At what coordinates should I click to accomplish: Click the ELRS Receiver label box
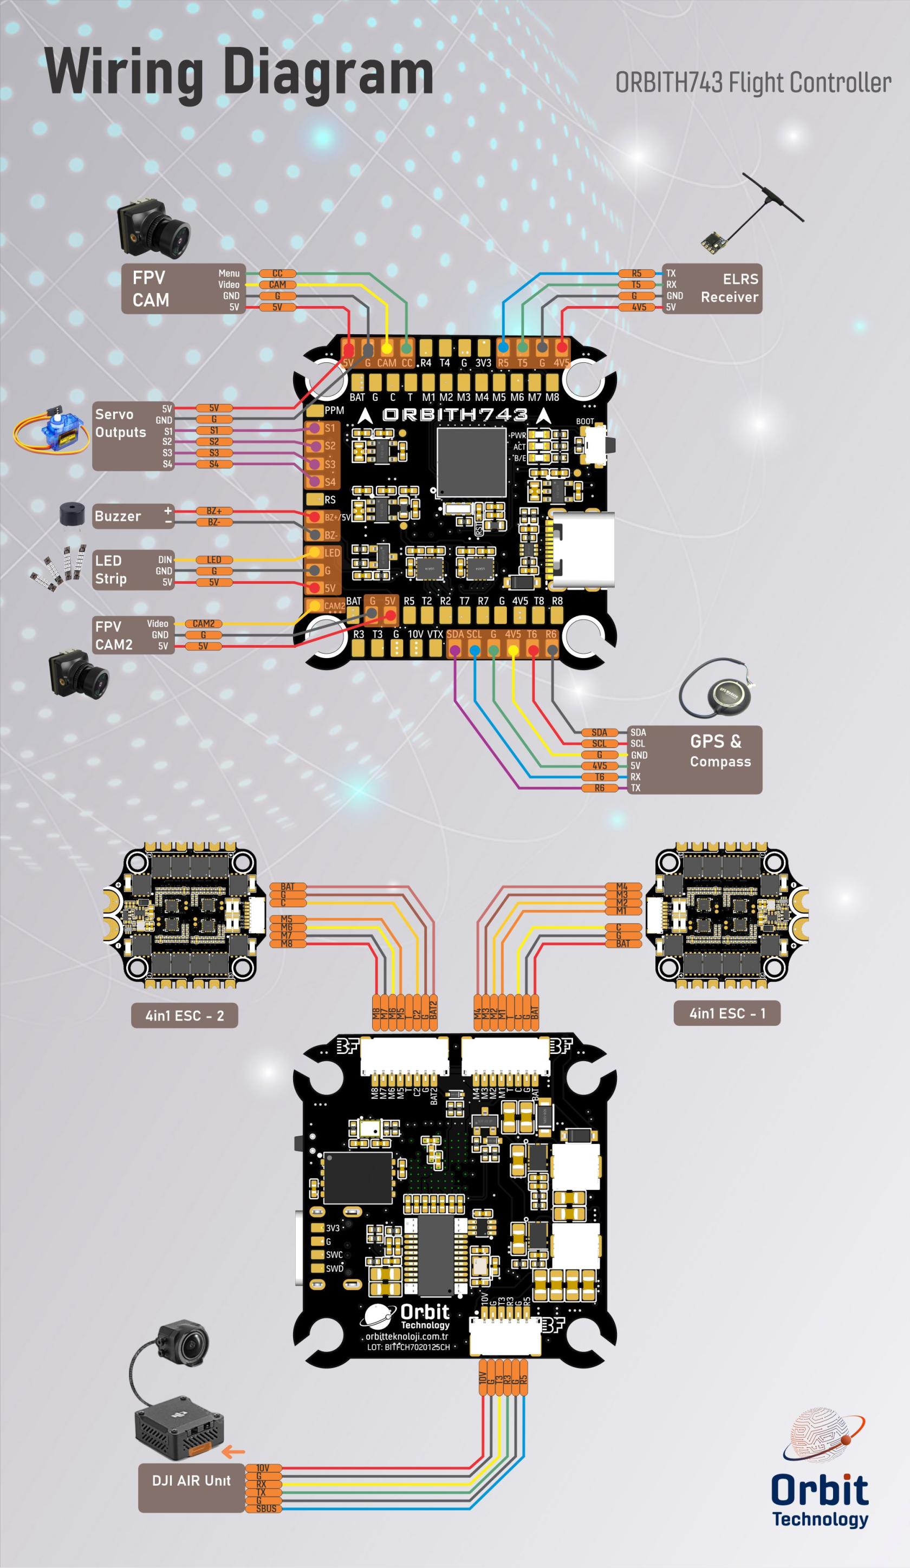point(711,288)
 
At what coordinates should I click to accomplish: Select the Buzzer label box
point(133,516)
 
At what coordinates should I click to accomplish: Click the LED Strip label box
point(133,569)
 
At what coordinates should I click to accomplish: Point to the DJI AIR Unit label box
point(191,1480)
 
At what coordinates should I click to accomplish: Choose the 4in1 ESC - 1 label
point(726,1013)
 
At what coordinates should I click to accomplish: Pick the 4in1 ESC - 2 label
point(184,1016)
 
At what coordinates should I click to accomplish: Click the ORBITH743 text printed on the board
point(454,414)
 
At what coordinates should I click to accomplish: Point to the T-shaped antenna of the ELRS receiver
point(772,198)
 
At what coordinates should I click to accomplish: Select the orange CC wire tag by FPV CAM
point(277,273)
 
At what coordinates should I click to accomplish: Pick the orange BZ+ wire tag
point(213,511)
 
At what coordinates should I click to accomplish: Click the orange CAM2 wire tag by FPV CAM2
point(203,623)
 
